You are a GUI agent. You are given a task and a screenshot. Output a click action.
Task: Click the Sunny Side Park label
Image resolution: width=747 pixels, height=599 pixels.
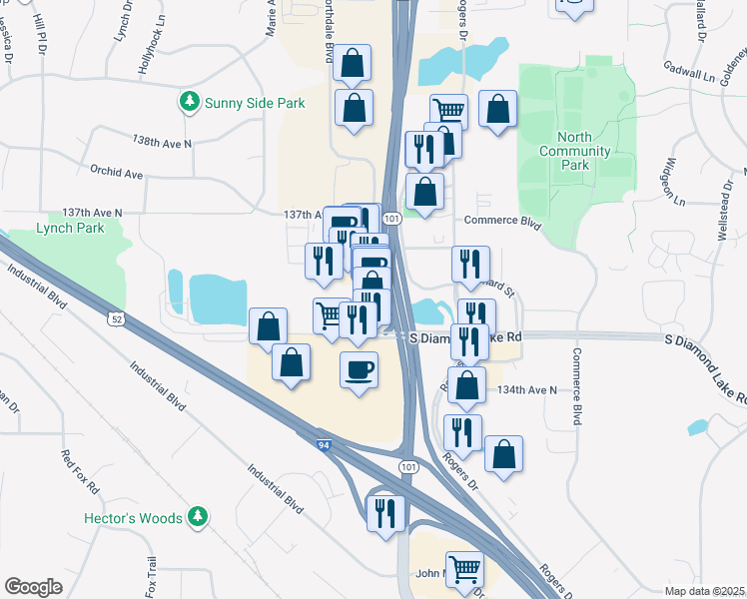(x=255, y=103)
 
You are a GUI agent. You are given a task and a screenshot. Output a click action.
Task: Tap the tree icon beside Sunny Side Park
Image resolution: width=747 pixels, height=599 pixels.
(x=189, y=102)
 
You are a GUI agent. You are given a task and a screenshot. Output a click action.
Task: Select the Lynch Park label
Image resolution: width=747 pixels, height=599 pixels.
(x=70, y=228)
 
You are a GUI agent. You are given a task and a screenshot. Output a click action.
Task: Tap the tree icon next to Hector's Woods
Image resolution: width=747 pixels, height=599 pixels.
(x=198, y=516)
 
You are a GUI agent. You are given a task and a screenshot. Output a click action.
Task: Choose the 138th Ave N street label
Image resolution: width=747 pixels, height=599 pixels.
(x=163, y=143)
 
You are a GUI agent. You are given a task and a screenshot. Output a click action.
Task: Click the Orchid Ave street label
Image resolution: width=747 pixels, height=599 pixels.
(x=116, y=174)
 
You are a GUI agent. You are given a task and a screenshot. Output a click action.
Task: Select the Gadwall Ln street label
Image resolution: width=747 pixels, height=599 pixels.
(x=690, y=69)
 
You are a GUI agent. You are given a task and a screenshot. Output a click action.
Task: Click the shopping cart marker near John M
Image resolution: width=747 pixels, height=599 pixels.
(x=464, y=570)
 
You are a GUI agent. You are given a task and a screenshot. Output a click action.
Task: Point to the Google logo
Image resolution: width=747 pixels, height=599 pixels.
(x=33, y=587)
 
